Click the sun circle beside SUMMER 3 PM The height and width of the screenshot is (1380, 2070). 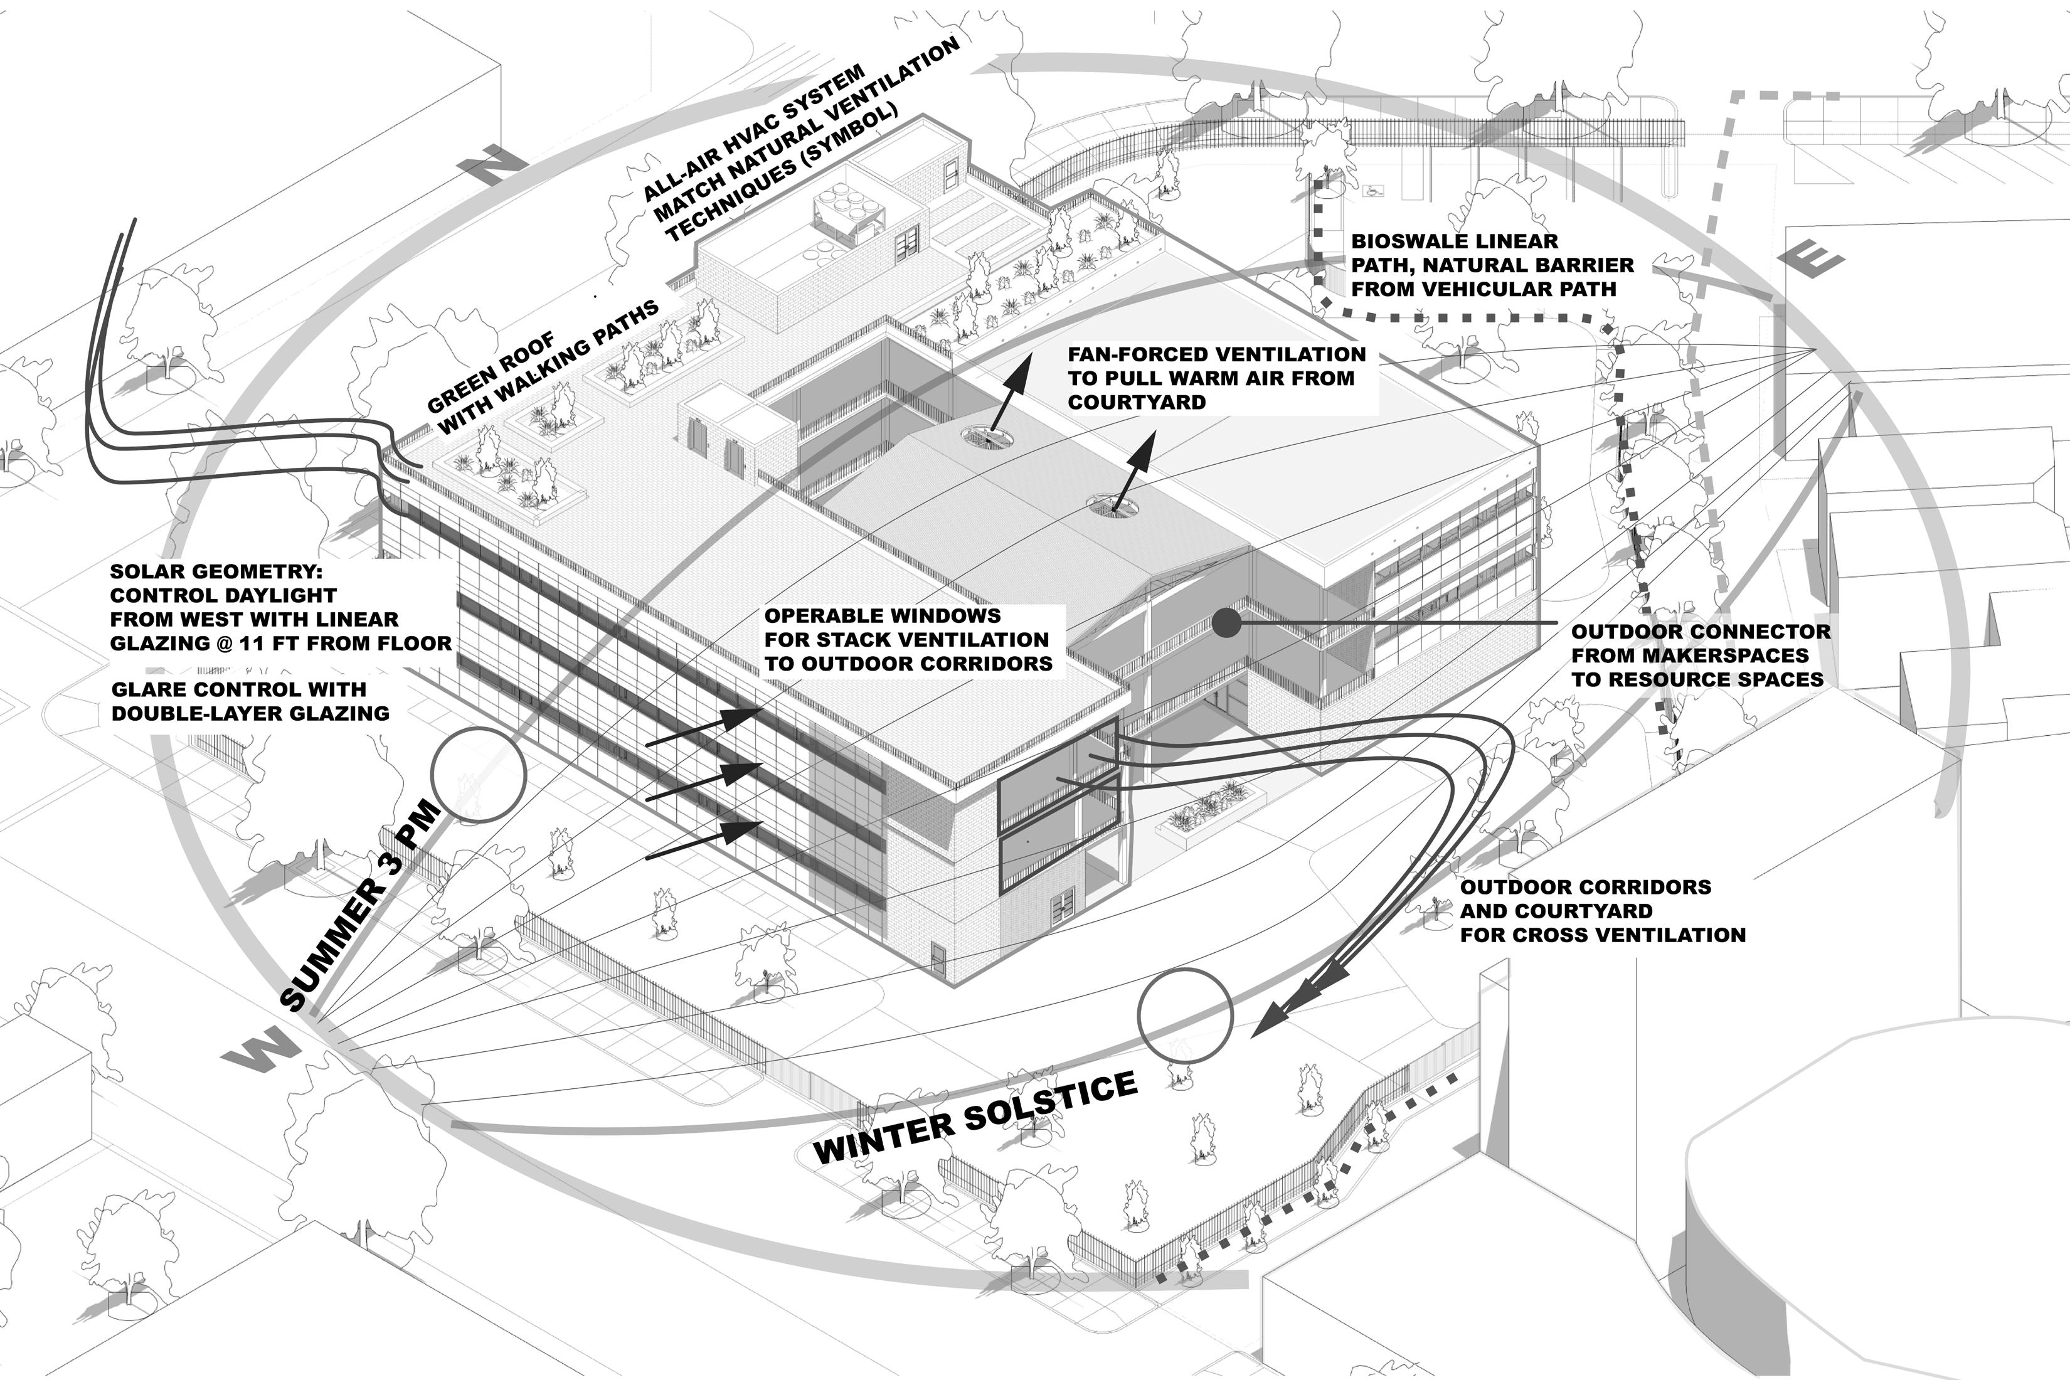pyautogui.click(x=479, y=775)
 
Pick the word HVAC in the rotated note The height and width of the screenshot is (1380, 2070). pyautogui.click(x=758, y=130)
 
